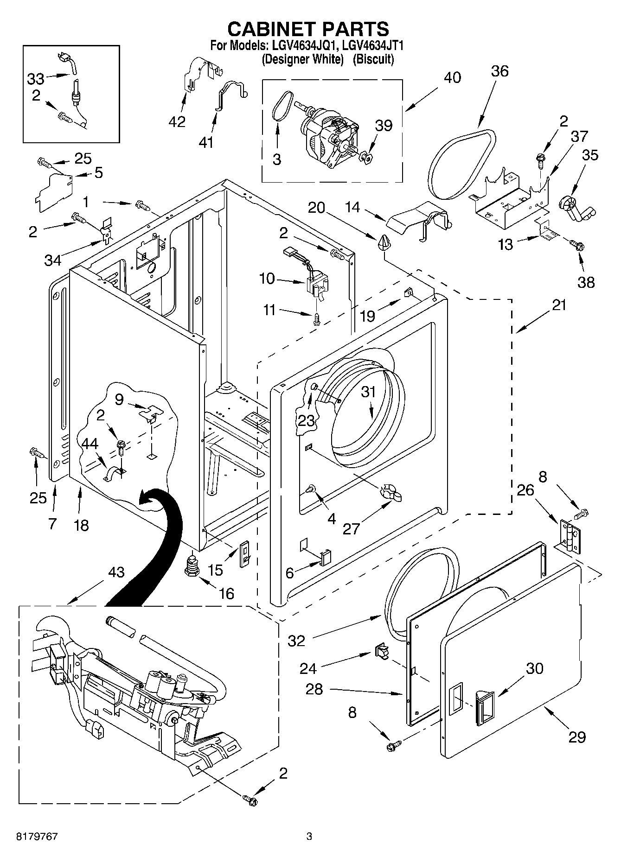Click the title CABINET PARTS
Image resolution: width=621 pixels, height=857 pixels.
pyautogui.click(x=308, y=29)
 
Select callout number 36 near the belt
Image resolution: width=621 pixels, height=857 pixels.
pyautogui.click(x=499, y=71)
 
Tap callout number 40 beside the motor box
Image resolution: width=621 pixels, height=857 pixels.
pyautogui.click(x=452, y=77)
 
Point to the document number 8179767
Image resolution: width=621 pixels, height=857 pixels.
pyautogui.click(x=37, y=836)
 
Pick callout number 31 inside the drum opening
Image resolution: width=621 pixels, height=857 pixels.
pyautogui.click(x=368, y=392)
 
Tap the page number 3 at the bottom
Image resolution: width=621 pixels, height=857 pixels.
pyautogui.click(x=309, y=836)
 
